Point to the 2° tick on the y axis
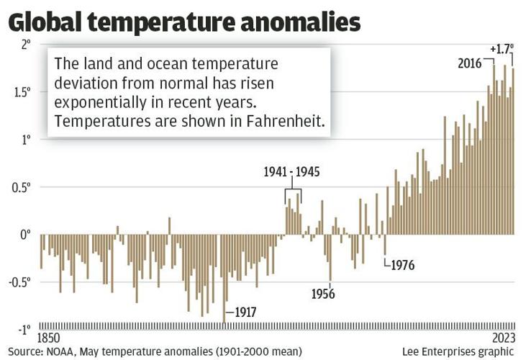click(x=25, y=45)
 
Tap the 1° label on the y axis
click(x=25, y=140)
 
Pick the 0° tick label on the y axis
click(x=25, y=235)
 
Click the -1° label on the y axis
click(x=23, y=330)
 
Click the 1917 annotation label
click(x=245, y=312)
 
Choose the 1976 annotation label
click(x=402, y=265)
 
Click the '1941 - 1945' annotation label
click(x=291, y=172)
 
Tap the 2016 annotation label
click(x=471, y=63)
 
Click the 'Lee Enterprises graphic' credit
click(x=458, y=351)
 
